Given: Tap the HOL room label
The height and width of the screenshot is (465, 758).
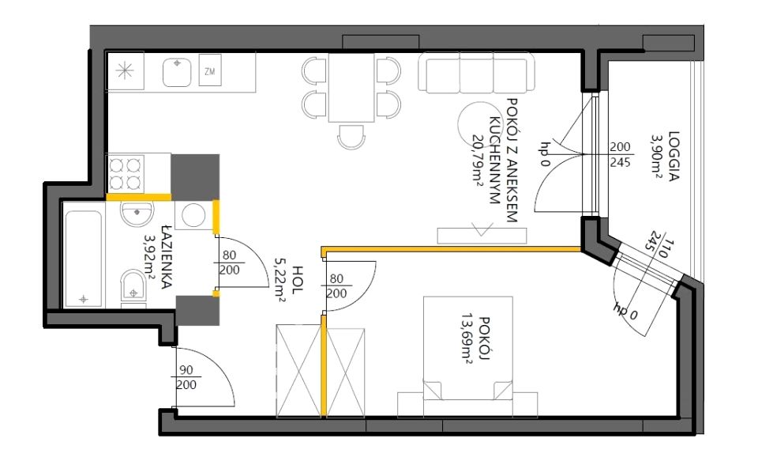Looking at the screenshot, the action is pyautogui.click(x=298, y=280).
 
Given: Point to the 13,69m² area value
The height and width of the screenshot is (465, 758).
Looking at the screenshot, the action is pyautogui.click(x=467, y=338).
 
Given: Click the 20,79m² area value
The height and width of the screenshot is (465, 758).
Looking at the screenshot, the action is pyautogui.click(x=478, y=160).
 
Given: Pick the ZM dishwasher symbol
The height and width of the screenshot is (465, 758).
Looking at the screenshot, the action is pyautogui.click(x=210, y=70).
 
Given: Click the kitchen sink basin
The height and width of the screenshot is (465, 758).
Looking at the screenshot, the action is pyautogui.click(x=177, y=72).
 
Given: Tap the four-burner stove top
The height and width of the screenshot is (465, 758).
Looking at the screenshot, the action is pyautogui.click(x=126, y=173).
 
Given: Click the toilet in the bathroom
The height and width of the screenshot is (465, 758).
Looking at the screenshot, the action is pyautogui.click(x=133, y=286).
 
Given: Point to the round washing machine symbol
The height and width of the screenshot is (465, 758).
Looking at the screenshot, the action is pyautogui.click(x=193, y=214).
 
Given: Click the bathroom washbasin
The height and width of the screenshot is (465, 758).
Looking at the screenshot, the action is pyautogui.click(x=137, y=214).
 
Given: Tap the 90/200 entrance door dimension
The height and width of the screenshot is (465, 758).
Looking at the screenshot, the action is pyautogui.click(x=186, y=377).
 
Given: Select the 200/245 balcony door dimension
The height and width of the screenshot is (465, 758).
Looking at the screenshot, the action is pyautogui.click(x=620, y=154).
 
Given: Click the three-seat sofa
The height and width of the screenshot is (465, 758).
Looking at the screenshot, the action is pyautogui.click(x=477, y=73).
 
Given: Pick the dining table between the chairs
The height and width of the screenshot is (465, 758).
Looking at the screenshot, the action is pyautogui.click(x=351, y=88).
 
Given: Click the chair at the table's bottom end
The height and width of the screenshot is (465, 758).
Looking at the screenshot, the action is pyautogui.click(x=351, y=137).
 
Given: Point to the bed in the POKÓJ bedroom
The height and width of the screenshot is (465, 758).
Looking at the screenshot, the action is pyautogui.click(x=467, y=357).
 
